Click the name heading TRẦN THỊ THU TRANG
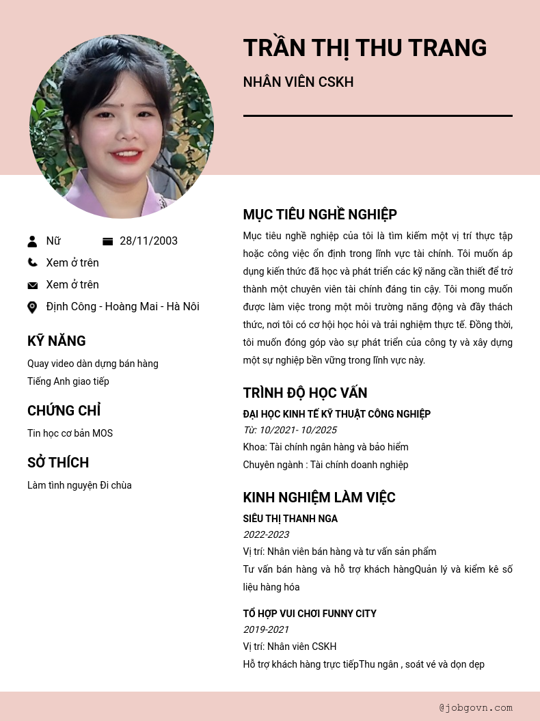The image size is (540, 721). coord(364,48)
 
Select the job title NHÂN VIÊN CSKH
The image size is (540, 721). coord(298,82)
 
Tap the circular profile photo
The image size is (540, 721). coord(122,126)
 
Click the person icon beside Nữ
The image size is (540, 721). coord(32,241)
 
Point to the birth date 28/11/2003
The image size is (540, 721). coord(148,241)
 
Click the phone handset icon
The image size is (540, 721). coord(32,262)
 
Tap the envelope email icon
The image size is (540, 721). coord(32,285)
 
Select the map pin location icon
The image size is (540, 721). coord(32,308)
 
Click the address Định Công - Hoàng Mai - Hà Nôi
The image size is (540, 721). coord(123,307)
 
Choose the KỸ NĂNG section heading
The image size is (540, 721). coord(57,341)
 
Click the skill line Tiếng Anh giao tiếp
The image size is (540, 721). coord(68,381)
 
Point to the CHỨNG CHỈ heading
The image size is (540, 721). coord(64,411)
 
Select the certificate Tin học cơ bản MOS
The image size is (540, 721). coord(70,433)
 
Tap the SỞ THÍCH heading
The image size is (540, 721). coord(58,463)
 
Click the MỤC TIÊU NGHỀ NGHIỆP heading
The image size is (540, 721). coord(320,215)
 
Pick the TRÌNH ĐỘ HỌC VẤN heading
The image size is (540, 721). coord(305,393)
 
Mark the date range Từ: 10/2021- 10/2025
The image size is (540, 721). coord(290,430)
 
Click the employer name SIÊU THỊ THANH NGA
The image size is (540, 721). coord(290,519)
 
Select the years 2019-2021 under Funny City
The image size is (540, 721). coord(266,629)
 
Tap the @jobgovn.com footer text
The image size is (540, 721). coord(476,708)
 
